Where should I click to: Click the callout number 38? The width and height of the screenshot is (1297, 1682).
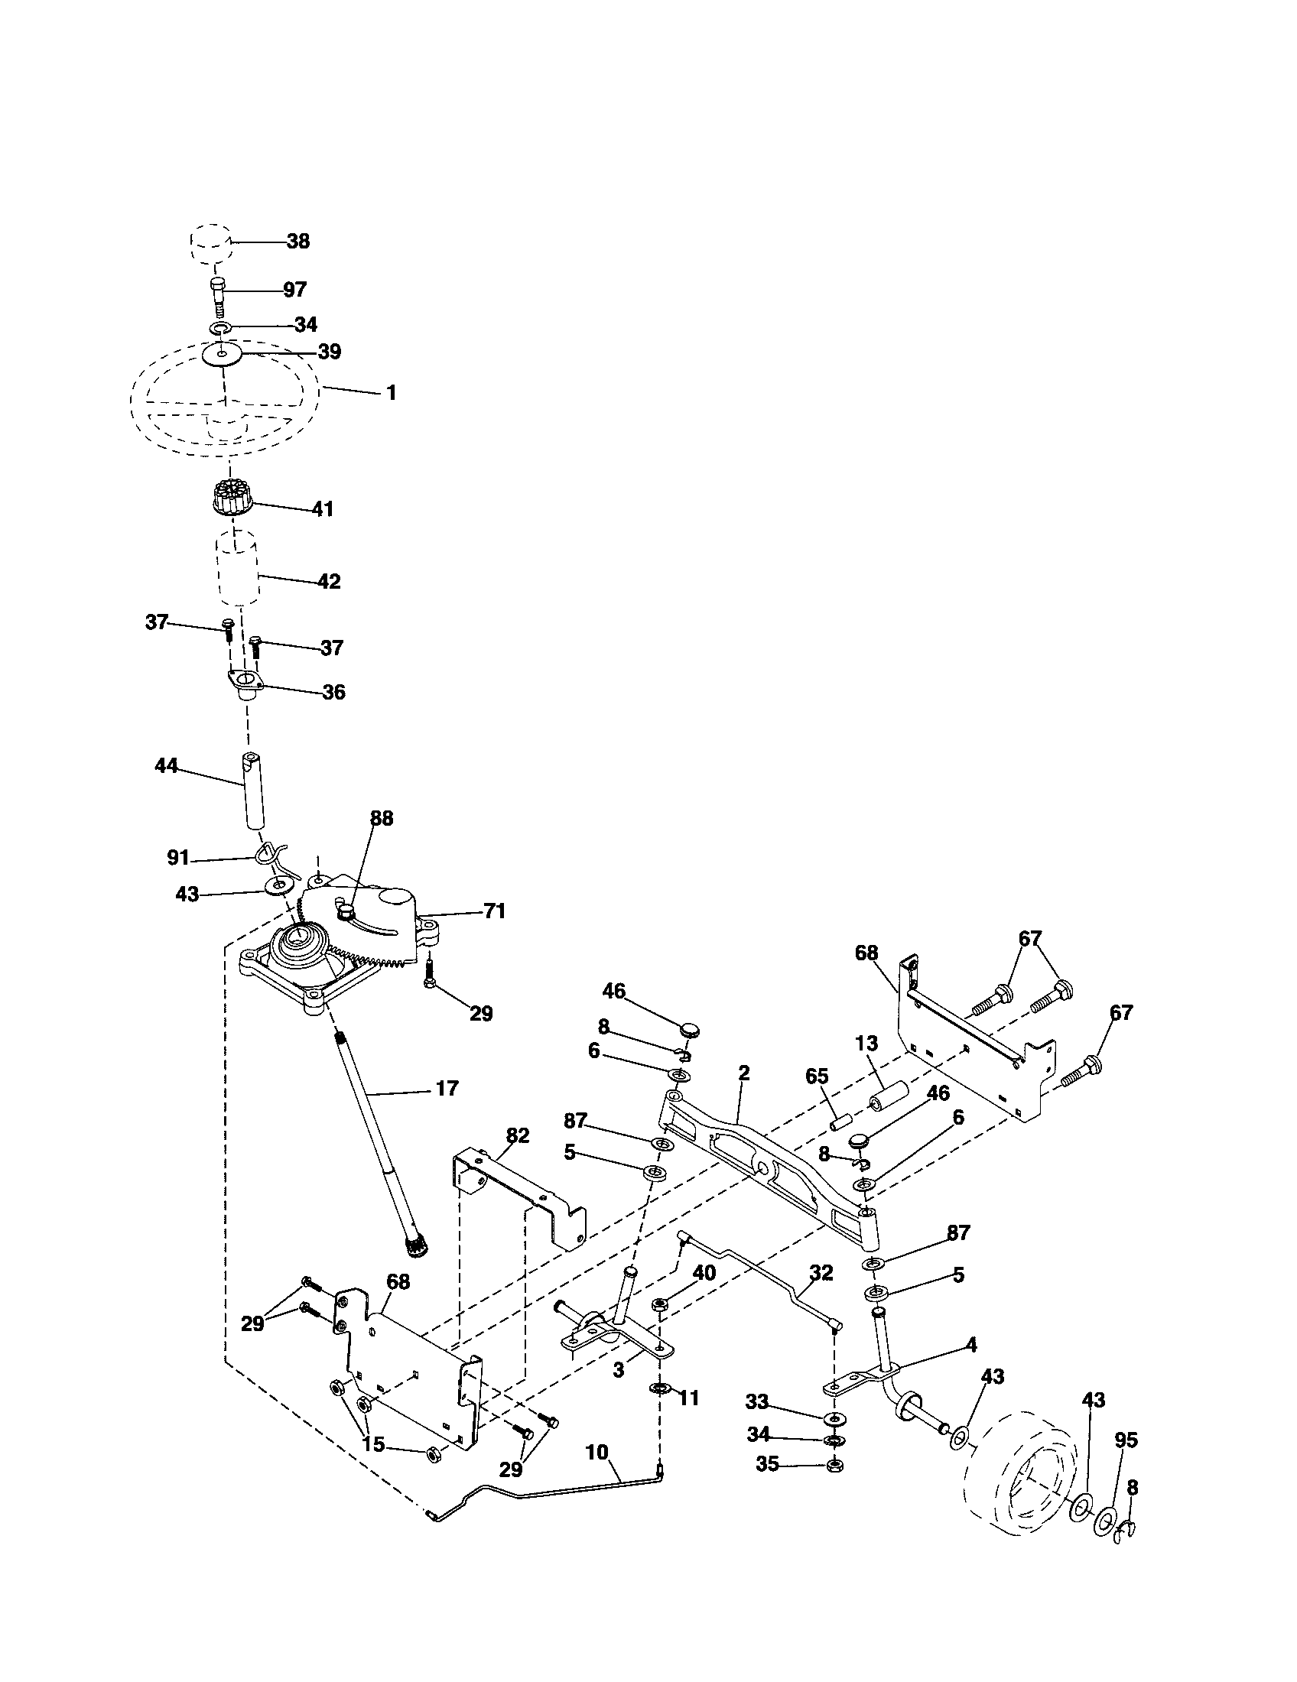pos(297,241)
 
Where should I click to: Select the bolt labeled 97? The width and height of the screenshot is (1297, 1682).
pos(217,294)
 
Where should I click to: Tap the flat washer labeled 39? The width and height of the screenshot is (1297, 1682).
pos(222,355)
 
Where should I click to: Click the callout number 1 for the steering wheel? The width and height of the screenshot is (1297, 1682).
pos(391,393)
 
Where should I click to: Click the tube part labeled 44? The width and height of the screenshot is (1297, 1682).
pos(252,791)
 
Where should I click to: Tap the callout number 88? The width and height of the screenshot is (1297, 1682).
pos(382,819)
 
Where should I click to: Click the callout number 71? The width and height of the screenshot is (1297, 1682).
pos(494,911)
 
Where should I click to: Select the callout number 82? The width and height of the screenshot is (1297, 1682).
pos(518,1136)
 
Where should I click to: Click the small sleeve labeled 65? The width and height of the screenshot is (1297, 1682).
pos(838,1121)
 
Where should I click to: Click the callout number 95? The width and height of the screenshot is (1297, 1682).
pos(1125,1440)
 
